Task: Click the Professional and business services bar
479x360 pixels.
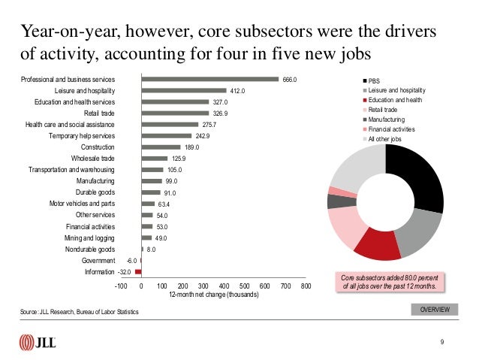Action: click(210, 79)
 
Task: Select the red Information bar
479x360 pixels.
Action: click(138, 271)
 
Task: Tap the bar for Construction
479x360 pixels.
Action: click(161, 147)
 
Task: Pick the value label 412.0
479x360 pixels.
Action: click(237, 91)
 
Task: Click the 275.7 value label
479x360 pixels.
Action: click(209, 125)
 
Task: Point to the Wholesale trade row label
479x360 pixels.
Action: click(93, 159)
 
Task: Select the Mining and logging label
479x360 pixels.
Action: click(89, 238)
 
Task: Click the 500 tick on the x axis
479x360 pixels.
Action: click(245, 286)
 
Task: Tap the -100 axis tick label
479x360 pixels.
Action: click(121, 286)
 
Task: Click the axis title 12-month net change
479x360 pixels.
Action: click(214, 295)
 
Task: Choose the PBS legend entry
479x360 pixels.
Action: click(371, 81)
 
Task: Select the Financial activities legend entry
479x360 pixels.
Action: click(389, 129)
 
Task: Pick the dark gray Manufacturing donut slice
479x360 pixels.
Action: click(342, 201)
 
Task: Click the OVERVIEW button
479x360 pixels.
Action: click(435, 310)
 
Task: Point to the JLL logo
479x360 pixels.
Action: click(38, 342)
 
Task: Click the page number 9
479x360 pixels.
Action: click(442, 342)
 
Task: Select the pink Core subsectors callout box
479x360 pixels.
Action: click(390, 282)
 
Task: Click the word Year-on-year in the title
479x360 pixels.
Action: click(70, 32)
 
